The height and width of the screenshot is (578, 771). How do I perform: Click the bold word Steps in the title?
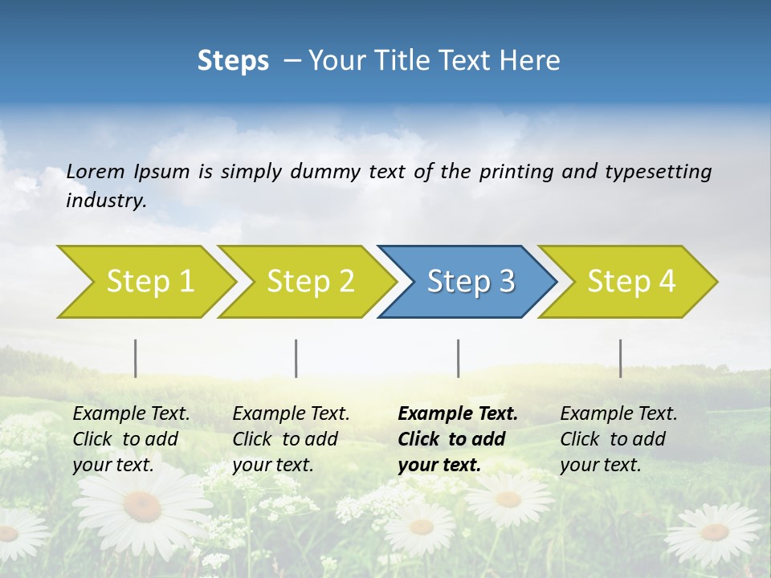point(233,61)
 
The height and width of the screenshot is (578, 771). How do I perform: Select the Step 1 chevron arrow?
point(149,282)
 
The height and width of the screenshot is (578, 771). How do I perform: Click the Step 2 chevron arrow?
point(310,282)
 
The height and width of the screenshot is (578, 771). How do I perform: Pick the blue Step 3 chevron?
point(471,282)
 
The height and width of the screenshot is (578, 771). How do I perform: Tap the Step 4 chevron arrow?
point(631,282)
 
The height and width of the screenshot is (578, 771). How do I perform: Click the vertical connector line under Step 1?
point(135,358)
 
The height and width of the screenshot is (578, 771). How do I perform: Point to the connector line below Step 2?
point(296,358)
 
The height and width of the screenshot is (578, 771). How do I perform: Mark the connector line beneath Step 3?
point(458,358)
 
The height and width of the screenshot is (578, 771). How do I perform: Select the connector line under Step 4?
point(620,358)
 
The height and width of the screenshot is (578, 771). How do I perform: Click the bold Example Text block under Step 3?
point(457,439)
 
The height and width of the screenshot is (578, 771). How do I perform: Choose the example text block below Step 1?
point(131,439)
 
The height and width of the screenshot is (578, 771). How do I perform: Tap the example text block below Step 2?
point(291,439)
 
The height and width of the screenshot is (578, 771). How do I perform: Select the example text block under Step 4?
point(618,439)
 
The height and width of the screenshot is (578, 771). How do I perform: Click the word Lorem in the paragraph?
point(96,172)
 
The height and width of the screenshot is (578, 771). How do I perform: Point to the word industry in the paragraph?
point(106,201)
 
